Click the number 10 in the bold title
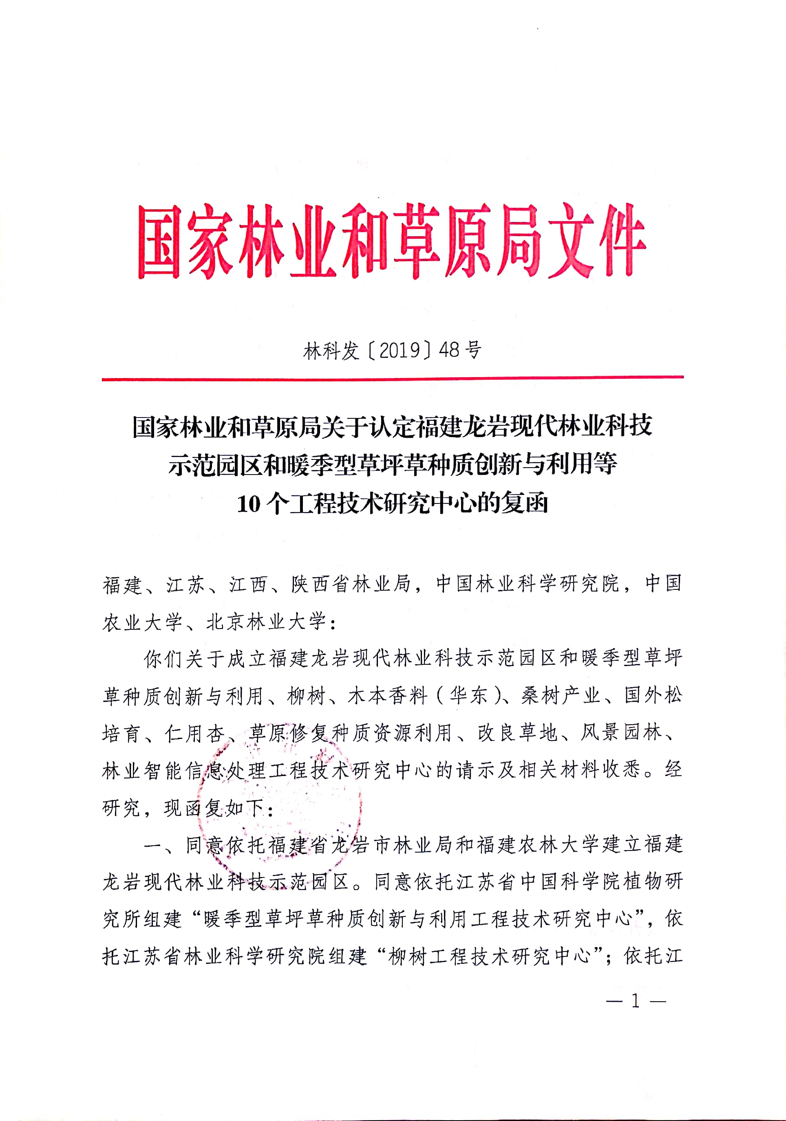(x=249, y=504)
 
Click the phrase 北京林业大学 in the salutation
(x=266, y=622)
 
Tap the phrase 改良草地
(x=518, y=733)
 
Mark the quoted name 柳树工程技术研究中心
(x=490, y=956)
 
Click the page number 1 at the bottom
(x=635, y=1001)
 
